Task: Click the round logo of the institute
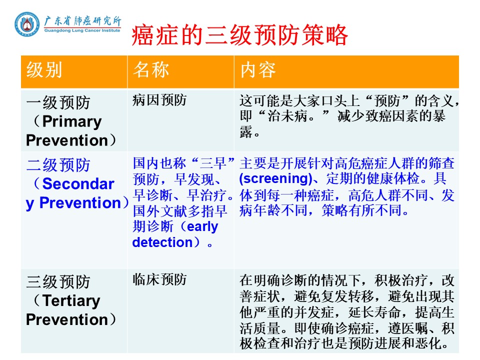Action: tap(27, 24)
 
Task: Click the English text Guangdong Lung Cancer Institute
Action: tap(82, 30)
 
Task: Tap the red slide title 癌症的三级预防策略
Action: tap(239, 35)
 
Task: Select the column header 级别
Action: tap(44, 70)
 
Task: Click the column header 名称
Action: tap(150, 69)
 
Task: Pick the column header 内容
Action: tap(258, 70)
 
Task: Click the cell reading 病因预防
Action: tap(159, 100)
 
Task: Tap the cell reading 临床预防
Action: tap(159, 279)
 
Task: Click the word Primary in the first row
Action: tap(72, 121)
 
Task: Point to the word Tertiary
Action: tap(71, 300)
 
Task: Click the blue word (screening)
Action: tap(275, 178)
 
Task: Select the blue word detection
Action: tap(162, 242)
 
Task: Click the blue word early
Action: tap(202, 226)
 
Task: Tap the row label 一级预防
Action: tap(58, 102)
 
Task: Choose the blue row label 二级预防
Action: tap(58, 165)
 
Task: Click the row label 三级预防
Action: tap(58, 281)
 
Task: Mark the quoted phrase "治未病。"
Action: tap(293, 116)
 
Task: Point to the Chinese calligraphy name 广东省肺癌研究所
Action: tap(82, 21)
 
